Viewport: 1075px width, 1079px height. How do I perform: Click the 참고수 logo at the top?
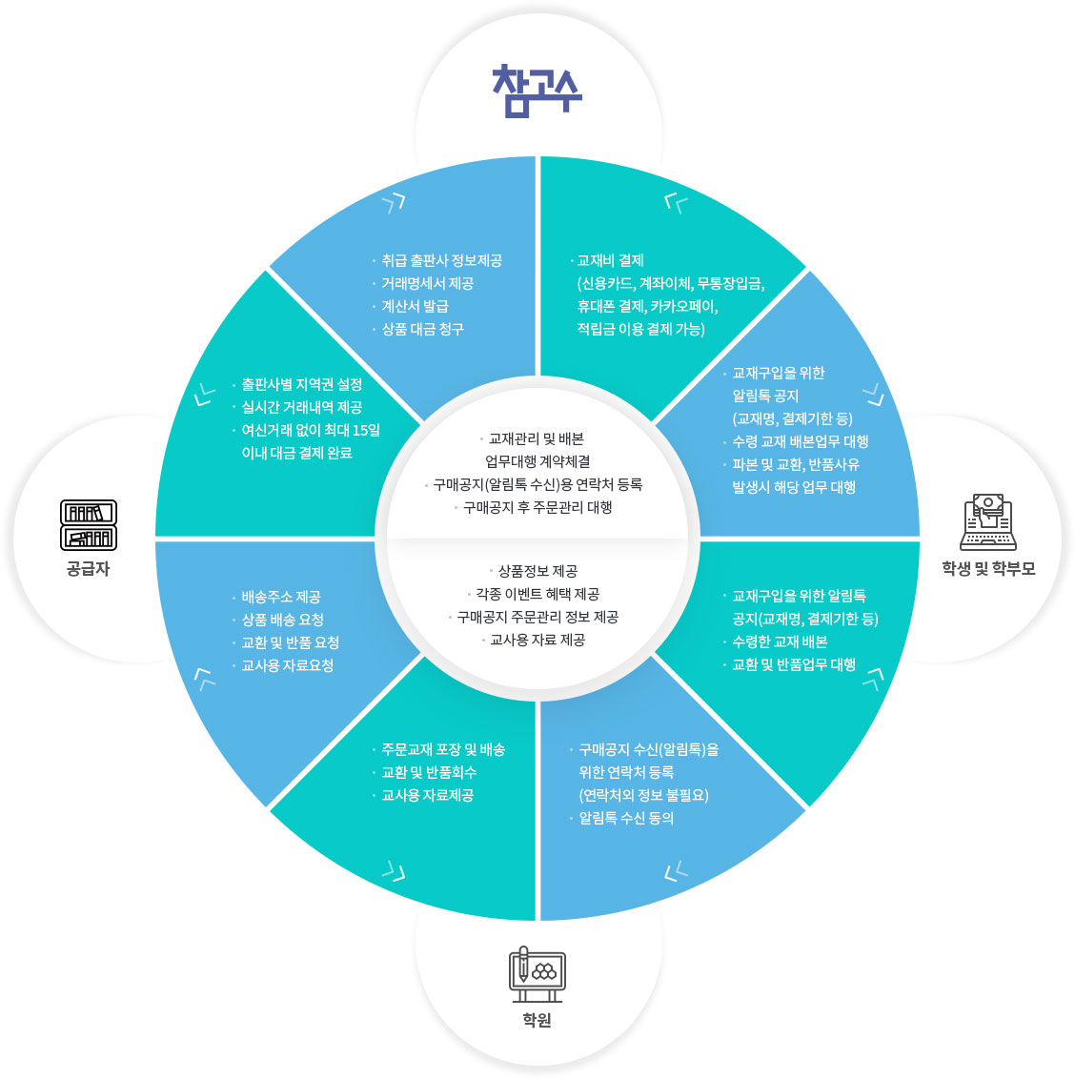[537, 92]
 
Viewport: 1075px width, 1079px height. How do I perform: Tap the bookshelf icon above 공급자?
[89, 525]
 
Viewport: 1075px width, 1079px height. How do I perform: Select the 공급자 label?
[89, 569]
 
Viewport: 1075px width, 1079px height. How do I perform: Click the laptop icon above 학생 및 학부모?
[987, 523]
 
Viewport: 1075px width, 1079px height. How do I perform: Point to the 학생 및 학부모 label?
[988, 569]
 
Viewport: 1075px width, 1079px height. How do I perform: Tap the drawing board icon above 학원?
[537, 973]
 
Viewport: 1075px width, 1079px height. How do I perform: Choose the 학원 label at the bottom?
[537, 1021]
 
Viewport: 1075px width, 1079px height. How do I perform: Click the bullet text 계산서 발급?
[415, 306]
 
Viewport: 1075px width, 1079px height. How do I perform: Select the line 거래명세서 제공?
[427, 283]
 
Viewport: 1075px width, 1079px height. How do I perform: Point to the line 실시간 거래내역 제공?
[301, 407]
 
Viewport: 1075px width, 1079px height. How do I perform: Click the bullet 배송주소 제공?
[281, 597]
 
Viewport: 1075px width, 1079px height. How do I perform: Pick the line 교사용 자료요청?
[288, 665]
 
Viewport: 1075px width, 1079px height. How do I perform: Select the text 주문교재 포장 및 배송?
[443, 749]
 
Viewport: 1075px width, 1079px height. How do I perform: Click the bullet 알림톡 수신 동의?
[626, 818]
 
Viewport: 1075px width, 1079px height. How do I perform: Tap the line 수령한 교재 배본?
[780, 641]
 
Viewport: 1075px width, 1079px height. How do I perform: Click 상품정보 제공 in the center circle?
[537, 571]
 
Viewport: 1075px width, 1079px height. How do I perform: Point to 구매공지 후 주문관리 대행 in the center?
[537, 507]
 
